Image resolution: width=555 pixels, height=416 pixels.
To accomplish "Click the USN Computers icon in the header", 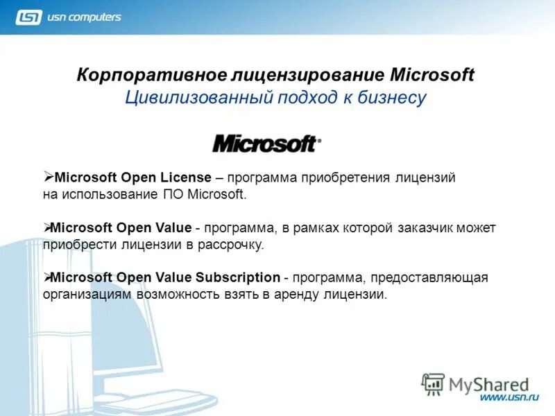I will click(28, 17).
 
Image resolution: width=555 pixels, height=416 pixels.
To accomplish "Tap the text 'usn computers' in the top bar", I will click(84, 17).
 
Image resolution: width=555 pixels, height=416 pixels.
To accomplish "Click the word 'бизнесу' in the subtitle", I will click(391, 98).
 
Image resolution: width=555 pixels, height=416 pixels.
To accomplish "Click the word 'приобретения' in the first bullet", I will click(335, 177).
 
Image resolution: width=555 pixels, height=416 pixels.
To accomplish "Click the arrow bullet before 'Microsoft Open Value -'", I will click(48, 227).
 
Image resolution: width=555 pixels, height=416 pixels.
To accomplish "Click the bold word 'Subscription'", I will click(237, 277).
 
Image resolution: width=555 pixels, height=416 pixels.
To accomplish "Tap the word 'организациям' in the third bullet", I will click(86, 294).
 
